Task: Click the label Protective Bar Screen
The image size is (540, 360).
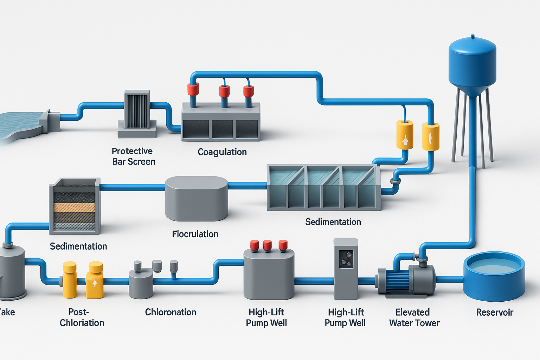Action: (x=133, y=156)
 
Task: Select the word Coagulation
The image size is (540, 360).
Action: (x=222, y=152)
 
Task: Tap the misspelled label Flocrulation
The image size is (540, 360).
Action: (x=195, y=234)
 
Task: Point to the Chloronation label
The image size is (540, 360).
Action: (x=171, y=312)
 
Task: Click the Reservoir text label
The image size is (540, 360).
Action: (x=494, y=312)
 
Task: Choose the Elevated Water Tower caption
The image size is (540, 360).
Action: (x=414, y=317)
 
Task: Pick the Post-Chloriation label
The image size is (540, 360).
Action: (x=82, y=317)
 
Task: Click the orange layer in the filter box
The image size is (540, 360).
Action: (x=74, y=207)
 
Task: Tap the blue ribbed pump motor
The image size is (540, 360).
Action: (x=397, y=281)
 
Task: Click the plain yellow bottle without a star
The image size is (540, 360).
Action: (x=70, y=279)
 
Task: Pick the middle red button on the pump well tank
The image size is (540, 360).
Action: (x=267, y=245)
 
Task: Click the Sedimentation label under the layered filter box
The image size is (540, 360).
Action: (x=78, y=246)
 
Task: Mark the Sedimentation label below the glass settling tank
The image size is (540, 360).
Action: (x=333, y=222)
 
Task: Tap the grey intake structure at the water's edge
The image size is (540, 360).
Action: (x=49, y=121)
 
